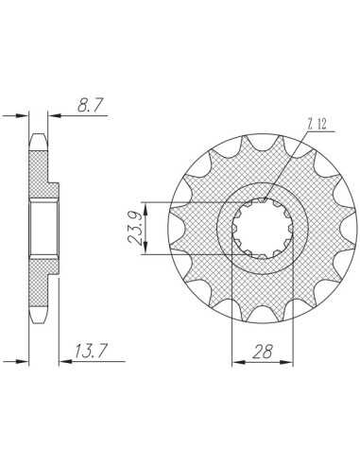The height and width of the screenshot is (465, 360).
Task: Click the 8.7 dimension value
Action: coord(91,105)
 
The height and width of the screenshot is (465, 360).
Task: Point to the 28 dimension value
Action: coord(263,352)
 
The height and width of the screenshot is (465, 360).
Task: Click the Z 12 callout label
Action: coord(317,125)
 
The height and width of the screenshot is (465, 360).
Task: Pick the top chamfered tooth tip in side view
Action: coord(38,142)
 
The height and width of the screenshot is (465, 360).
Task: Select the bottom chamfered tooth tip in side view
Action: coord(38,315)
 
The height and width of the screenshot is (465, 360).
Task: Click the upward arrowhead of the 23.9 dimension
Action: coord(146,209)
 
